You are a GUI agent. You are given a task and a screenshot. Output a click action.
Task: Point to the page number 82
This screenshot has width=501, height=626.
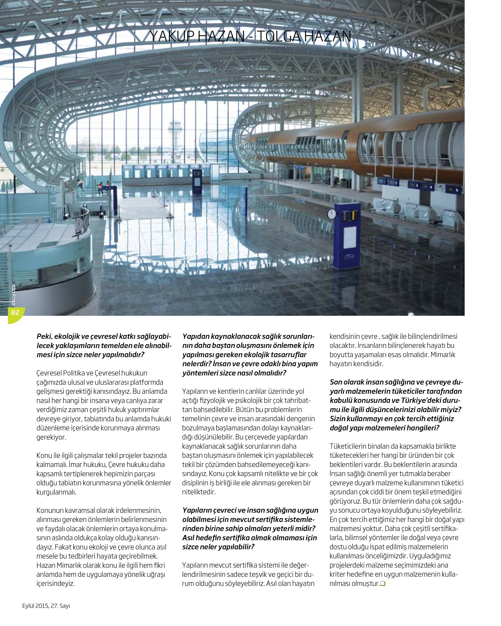(x=15, y=312)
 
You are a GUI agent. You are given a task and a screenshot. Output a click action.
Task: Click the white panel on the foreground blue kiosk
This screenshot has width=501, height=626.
(x=350, y=237)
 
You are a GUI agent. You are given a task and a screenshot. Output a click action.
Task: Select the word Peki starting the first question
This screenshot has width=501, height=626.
(x=44, y=336)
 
